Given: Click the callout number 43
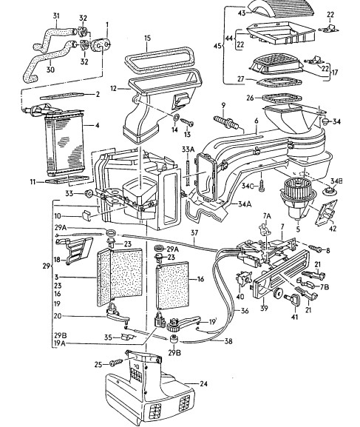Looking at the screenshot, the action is (242, 13).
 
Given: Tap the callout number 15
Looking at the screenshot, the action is (147, 38).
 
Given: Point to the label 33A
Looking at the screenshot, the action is (189, 149).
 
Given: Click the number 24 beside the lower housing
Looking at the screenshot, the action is (203, 383).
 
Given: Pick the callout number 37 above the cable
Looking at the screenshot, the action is (194, 233).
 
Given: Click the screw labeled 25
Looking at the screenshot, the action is (116, 363).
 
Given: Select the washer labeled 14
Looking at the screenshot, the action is (176, 118).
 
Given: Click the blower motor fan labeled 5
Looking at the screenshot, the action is (297, 198).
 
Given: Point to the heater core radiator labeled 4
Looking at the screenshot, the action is (64, 142).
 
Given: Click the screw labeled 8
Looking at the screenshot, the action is (315, 249).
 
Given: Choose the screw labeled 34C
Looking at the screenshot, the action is (261, 186).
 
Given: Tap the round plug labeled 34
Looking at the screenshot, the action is (325, 121).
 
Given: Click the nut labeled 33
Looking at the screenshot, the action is (88, 194).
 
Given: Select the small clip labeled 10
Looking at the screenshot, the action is (86, 215).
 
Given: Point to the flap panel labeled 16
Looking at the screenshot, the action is (172, 286).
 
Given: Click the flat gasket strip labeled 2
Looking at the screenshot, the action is (62, 96).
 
